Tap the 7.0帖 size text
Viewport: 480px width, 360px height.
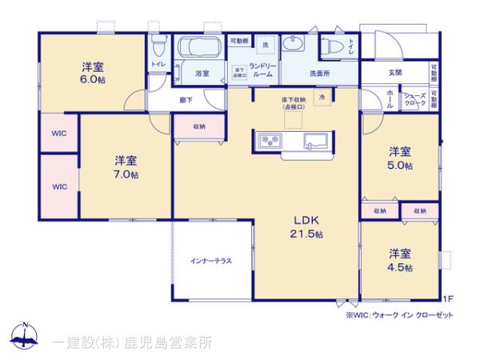click(x=126, y=174)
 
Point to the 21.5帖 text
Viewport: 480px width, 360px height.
click(x=306, y=234)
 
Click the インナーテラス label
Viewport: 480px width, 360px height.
click(x=211, y=262)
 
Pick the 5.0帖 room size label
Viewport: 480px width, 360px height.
click(x=400, y=166)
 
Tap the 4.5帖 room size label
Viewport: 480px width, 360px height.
click(x=400, y=268)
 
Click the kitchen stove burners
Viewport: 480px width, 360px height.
click(x=269, y=142)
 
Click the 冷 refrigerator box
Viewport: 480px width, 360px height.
click(x=322, y=97)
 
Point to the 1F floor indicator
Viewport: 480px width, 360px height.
click(x=449, y=299)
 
